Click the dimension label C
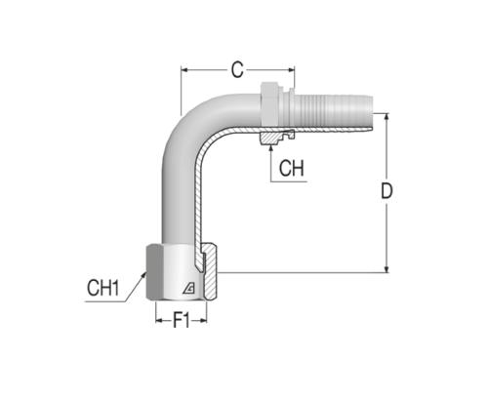pos(237,69)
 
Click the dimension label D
pos(386,191)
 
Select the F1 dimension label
pos(182,320)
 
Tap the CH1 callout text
pos(102,288)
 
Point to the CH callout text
pos(292,168)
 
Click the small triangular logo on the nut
pos(188,288)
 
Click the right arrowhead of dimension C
pos(291,69)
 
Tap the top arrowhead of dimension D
pos(386,117)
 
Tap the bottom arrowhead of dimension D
pos(386,268)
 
